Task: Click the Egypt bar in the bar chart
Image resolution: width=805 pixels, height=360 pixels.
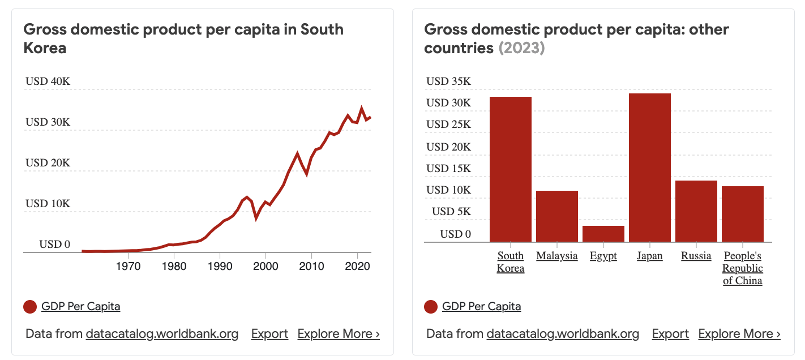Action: point(603,234)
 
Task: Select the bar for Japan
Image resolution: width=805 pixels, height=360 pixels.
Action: point(650,168)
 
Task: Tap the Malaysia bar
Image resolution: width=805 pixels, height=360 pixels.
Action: point(557,216)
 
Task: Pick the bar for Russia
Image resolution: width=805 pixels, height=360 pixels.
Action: point(696,211)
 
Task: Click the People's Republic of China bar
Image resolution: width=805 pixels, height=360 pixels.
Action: point(743,214)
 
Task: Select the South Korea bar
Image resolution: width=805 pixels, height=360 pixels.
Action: point(511,169)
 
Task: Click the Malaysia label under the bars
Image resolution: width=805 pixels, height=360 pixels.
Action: point(557,256)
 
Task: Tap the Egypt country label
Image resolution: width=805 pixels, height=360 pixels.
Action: point(603,256)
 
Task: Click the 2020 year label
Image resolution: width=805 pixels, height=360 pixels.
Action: point(357,266)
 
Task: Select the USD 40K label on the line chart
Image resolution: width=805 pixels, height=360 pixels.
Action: point(48,82)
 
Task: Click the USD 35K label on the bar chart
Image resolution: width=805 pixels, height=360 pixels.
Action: point(448,82)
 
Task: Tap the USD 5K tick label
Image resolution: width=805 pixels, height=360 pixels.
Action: point(452,212)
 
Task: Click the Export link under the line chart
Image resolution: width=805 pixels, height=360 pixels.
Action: point(269,334)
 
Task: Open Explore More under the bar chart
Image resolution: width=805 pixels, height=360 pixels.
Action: point(739,334)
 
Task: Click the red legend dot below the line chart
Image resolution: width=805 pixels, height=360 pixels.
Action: point(30,307)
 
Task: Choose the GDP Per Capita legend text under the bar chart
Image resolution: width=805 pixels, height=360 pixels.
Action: point(481,307)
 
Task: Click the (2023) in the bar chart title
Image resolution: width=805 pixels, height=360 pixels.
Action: point(521,48)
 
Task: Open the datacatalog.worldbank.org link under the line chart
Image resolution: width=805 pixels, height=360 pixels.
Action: point(162,334)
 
